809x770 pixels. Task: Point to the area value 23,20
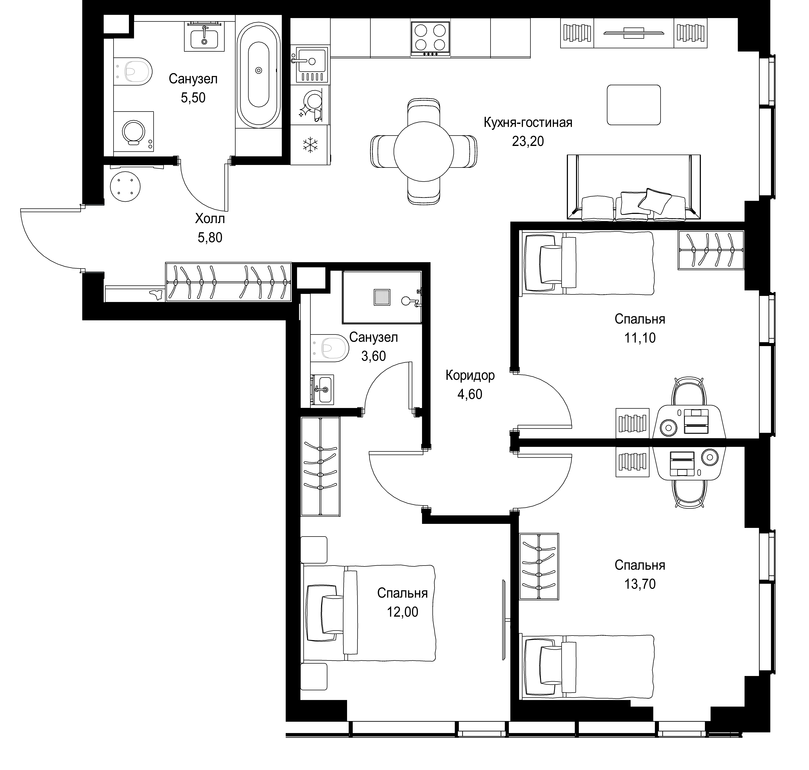pos(528,141)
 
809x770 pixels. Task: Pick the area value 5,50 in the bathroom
pos(193,98)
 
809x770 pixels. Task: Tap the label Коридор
pos(470,375)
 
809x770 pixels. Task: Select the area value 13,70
pos(640,584)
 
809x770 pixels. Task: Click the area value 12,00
pos(402,612)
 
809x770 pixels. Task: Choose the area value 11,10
pos(640,338)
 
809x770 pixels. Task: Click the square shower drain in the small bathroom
pos(382,297)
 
